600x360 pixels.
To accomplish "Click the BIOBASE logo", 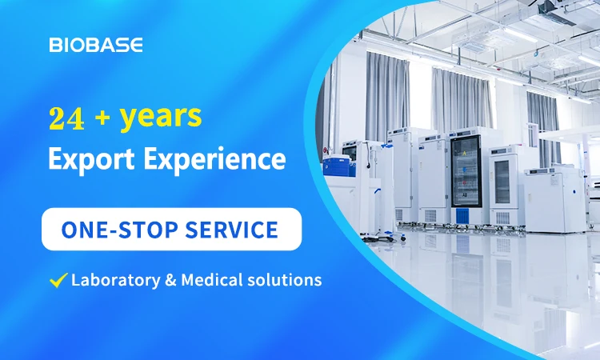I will pyautogui.click(x=96, y=45).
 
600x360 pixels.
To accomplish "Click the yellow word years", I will pyautogui.click(x=161, y=118).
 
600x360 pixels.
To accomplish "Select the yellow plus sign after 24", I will pyautogui.click(x=102, y=118).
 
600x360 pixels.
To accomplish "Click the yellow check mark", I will pyautogui.click(x=58, y=280).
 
